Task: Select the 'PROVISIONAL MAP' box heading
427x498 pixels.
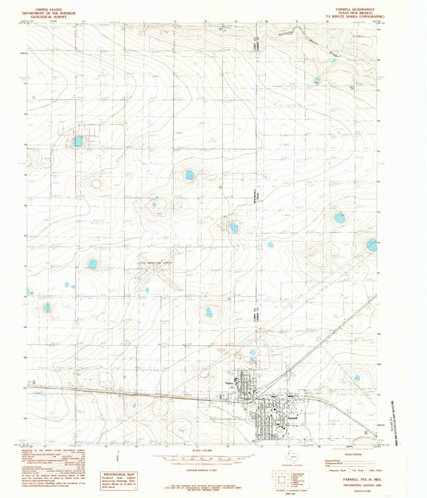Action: pos(120,474)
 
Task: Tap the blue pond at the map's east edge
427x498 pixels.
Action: pos(372,245)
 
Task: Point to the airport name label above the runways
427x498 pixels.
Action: pos(164,261)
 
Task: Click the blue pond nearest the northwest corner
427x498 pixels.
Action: pos(78,141)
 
